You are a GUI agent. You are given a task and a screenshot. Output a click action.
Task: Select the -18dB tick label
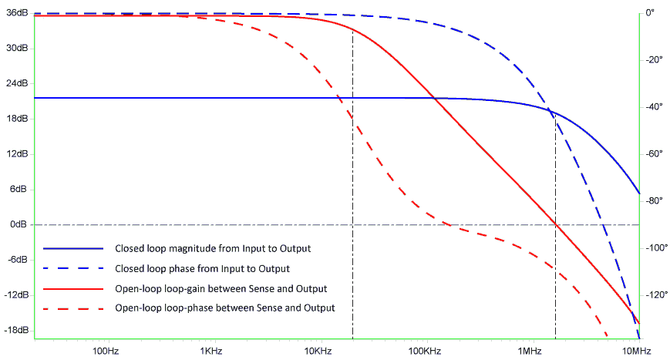click(x=15, y=330)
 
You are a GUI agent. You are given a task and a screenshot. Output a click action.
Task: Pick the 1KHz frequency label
click(x=211, y=351)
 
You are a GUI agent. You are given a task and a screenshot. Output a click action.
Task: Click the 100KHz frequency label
click(x=424, y=351)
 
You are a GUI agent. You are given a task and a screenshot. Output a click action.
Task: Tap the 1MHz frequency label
click(x=530, y=351)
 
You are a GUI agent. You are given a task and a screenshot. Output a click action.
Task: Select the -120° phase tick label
click(x=654, y=295)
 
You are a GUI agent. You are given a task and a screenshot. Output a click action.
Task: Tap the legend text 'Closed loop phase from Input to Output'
click(x=202, y=269)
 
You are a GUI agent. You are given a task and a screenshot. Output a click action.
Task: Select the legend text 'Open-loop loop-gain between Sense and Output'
click(x=221, y=288)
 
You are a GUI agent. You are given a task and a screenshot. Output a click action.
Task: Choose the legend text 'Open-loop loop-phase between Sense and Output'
click(x=224, y=308)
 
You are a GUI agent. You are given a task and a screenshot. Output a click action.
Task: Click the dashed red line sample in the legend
click(x=72, y=308)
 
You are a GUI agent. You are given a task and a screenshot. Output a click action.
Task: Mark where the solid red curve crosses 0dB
click(x=555, y=224)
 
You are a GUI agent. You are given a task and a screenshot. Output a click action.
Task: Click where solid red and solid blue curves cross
click(x=435, y=98)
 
